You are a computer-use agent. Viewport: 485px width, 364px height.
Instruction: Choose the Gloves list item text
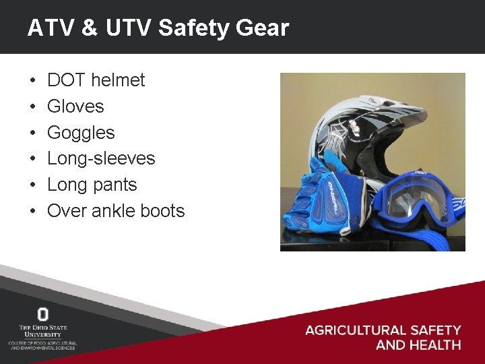[75, 107]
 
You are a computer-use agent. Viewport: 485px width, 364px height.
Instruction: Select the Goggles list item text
[81, 133]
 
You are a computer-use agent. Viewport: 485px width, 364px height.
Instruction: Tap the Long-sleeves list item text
[101, 158]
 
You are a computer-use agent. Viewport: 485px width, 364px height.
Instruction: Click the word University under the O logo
[43, 334]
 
